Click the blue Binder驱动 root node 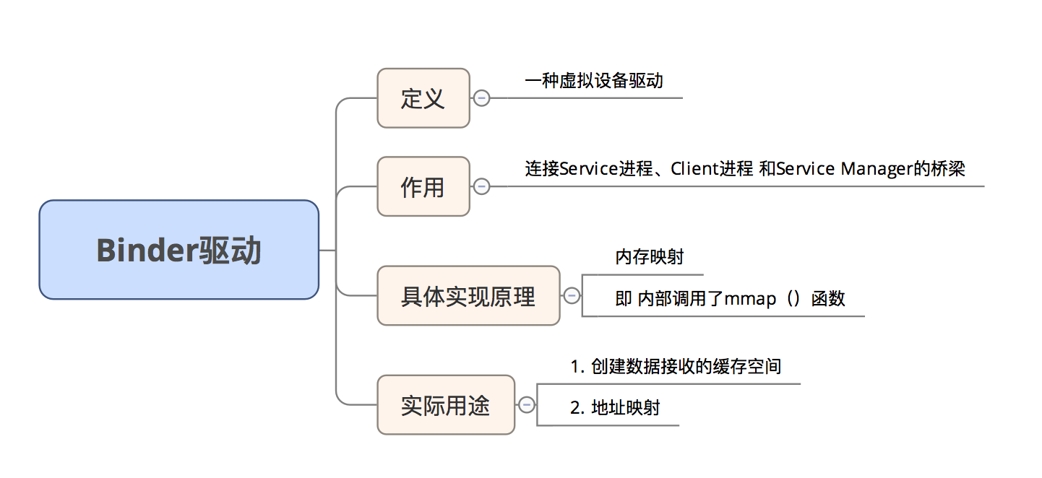click(x=178, y=250)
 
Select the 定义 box click(x=423, y=98)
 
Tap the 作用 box click(x=423, y=186)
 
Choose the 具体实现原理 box click(x=468, y=296)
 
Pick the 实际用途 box click(x=446, y=405)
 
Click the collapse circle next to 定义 click(x=481, y=99)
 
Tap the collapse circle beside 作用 click(x=481, y=187)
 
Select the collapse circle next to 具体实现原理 click(x=572, y=296)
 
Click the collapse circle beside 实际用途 click(x=527, y=405)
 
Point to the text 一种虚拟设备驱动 click(x=593, y=80)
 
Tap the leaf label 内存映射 click(x=649, y=257)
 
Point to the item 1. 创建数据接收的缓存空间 click(x=676, y=366)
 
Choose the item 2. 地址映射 click(x=615, y=408)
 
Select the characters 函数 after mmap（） click(x=828, y=299)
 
